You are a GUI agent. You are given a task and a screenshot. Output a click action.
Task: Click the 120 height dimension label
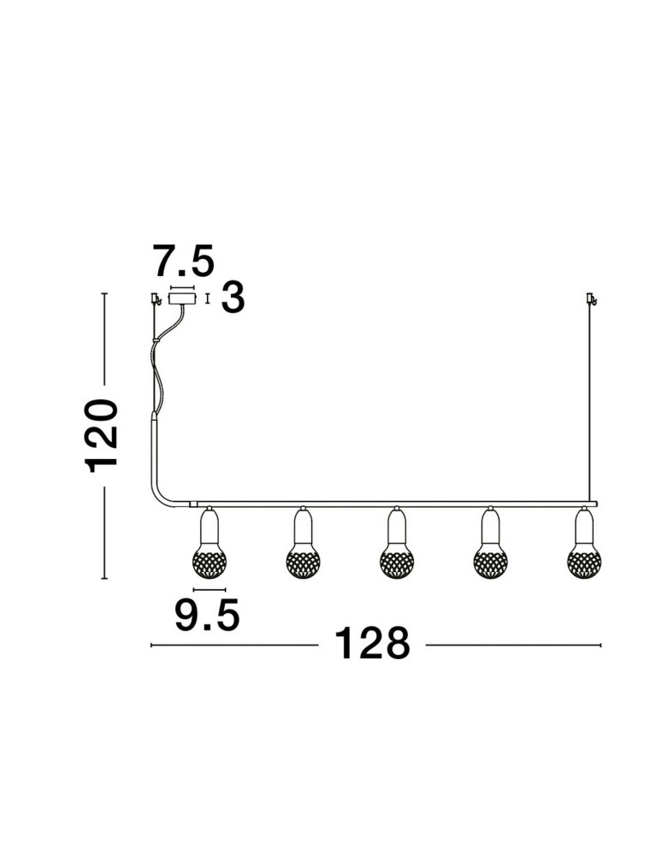click(x=103, y=435)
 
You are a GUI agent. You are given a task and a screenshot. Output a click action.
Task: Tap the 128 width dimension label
click(x=371, y=644)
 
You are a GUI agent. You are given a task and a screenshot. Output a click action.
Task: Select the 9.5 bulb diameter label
click(x=207, y=615)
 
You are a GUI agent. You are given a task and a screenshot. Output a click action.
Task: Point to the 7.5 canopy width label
click(x=182, y=259)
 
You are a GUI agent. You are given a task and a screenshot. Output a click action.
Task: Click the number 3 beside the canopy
click(x=233, y=298)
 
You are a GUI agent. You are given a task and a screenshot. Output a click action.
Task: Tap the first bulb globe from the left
click(x=210, y=562)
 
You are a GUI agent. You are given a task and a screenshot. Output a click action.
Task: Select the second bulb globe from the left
click(x=303, y=562)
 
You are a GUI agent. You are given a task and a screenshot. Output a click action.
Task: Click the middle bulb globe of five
click(x=396, y=562)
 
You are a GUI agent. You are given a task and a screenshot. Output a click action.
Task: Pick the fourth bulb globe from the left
click(x=490, y=562)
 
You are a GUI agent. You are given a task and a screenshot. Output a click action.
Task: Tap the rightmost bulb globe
click(x=584, y=562)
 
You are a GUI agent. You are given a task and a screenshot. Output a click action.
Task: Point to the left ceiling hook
click(x=156, y=298)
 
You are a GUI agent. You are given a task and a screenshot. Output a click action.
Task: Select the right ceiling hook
click(x=590, y=298)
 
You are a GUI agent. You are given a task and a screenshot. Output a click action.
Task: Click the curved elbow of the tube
click(x=162, y=496)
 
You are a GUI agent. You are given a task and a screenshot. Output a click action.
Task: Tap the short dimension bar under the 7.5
click(x=182, y=287)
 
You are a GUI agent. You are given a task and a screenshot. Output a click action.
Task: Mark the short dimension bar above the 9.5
click(x=209, y=590)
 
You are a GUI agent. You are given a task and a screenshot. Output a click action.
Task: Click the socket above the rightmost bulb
click(x=584, y=523)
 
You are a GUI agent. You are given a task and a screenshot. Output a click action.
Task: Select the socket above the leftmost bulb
click(x=209, y=523)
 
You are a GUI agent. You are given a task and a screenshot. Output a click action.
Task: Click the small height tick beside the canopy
click(x=209, y=298)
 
